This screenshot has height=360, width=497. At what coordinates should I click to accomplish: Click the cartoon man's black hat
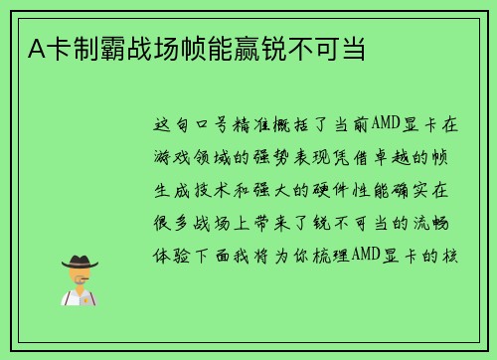(x=81, y=261)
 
